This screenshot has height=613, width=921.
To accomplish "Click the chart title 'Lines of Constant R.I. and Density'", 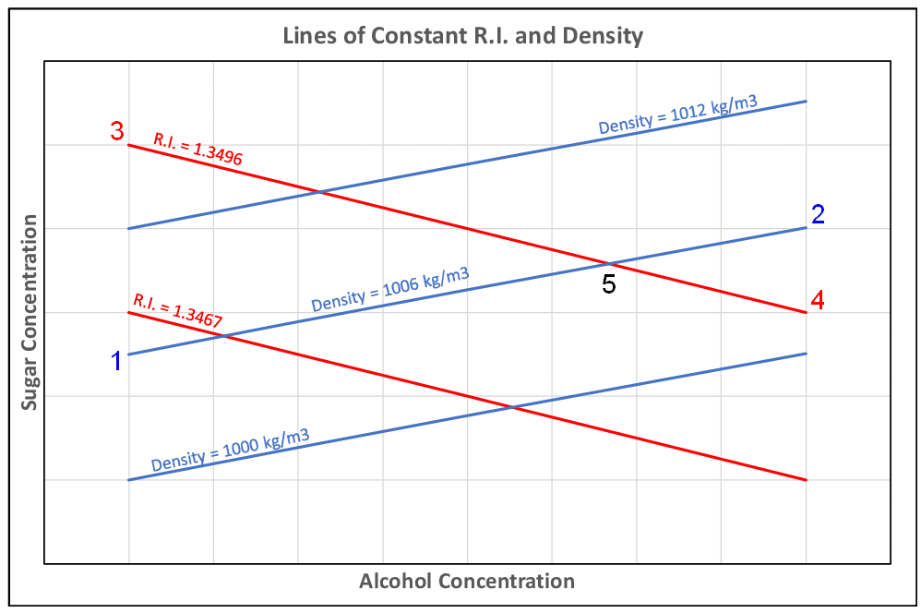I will pyautogui.click(x=461, y=37).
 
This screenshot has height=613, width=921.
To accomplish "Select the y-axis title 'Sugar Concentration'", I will pyautogui.click(x=30, y=312).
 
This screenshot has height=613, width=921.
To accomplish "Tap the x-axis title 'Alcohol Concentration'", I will pyautogui.click(x=466, y=581).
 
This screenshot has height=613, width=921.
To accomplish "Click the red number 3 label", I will pyautogui.click(x=117, y=131).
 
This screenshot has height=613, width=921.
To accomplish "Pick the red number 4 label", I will pyautogui.click(x=817, y=300).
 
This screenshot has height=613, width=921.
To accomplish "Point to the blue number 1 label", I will pyautogui.click(x=116, y=362).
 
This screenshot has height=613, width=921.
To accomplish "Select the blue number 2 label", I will pyautogui.click(x=817, y=214).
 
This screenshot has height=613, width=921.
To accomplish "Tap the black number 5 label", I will pyautogui.click(x=608, y=285).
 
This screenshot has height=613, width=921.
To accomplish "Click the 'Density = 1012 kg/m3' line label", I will pyautogui.click(x=678, y=114).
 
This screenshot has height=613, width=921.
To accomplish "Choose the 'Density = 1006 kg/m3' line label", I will pyautogui.click(x=389, y=288).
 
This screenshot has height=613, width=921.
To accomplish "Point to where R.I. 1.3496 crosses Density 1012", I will pyautogui.click(x=319, y=192).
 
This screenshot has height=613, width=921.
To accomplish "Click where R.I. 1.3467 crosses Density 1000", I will pyautogui.click(x=511, y=407).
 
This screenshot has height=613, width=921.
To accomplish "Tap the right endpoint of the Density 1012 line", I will pyautogui.click(x=807, y=101).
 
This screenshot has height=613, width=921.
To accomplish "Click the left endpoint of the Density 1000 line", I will pyautogui.click(x=128, y=480).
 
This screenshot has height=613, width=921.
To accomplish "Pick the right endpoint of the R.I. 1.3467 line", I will pyautogui.click(x=807, y=480).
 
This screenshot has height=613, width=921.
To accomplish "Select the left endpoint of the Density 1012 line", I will pyautogui.click(x=128, y=228).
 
